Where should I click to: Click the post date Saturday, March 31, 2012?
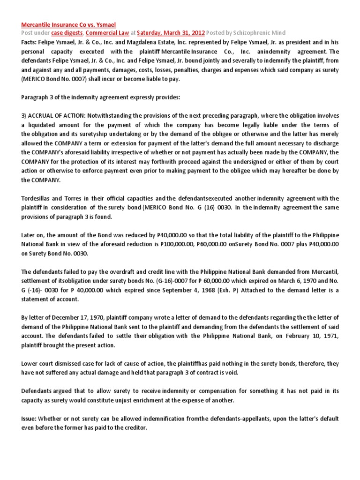[x=171, y=33]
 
